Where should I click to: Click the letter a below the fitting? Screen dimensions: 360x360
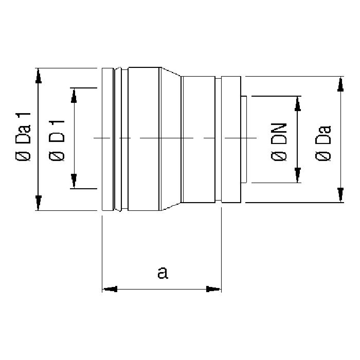163,273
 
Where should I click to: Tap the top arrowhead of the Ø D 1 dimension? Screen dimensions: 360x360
74,95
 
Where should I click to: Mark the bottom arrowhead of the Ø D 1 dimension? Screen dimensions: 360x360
74,181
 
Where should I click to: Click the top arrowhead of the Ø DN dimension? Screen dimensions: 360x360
297,103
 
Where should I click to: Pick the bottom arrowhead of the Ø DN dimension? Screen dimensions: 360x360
297,175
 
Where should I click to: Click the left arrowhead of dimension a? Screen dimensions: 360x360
110,290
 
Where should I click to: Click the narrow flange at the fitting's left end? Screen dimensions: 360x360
107,138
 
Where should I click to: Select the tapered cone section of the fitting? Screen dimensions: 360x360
171,138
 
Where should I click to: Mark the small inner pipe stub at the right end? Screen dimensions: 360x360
244,139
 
